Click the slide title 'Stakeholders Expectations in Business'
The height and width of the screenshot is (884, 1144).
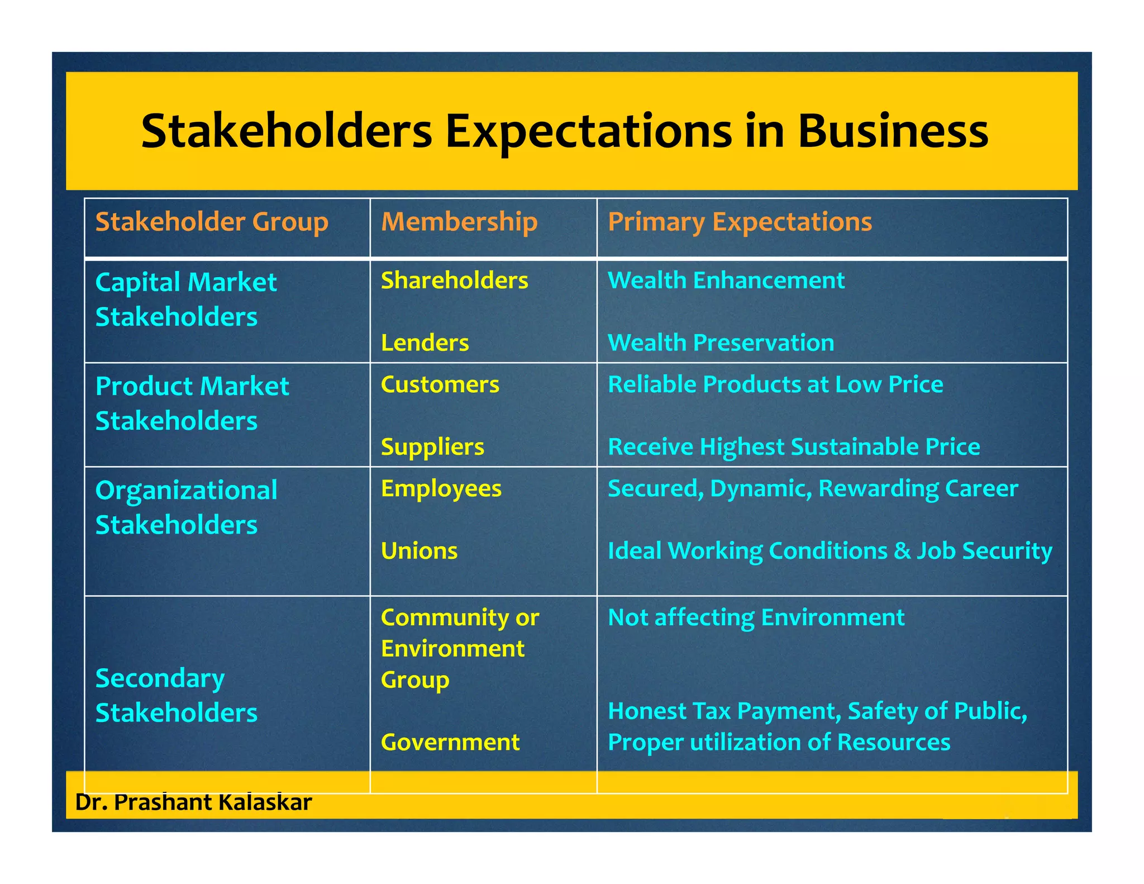(565, 131)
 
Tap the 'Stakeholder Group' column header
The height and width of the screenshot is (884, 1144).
(212, 222)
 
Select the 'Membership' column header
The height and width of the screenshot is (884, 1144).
(459, 222)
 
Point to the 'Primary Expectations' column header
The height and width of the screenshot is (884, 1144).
(740, 222)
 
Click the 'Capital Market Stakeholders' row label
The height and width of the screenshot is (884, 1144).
(185, 300)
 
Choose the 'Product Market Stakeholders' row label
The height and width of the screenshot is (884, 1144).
(192, 403)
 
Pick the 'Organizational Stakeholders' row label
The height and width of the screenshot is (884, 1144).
(186, 507)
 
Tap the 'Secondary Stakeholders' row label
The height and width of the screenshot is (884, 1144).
(177, 695)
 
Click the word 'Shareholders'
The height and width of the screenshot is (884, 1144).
(454, 281)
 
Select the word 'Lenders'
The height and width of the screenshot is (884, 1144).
(425, 343)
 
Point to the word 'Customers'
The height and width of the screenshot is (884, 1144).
(440, 384)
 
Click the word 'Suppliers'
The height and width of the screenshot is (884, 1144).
(432, 447)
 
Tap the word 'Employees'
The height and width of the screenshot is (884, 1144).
(441, 489)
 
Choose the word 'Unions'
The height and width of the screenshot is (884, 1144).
(419, 551)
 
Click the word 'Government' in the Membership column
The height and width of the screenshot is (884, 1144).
(450, 742)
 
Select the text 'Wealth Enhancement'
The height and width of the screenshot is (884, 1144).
(726, 281)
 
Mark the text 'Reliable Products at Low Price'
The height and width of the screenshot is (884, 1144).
(775, 384)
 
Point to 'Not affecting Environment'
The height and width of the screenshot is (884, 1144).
(756, 617)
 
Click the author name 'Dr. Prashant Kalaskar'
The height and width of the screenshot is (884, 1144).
(193, 802)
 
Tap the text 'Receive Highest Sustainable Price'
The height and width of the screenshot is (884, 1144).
(794, 447)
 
